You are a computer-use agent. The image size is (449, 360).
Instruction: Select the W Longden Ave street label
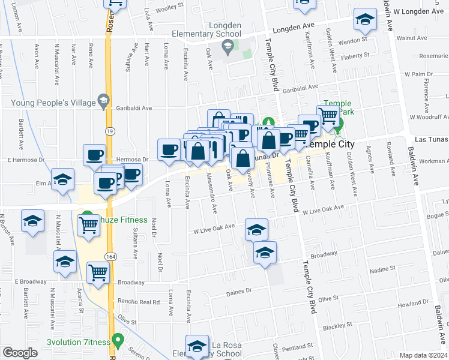420,11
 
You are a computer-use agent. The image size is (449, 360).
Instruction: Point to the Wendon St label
353,41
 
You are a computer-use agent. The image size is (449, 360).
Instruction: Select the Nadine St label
384,271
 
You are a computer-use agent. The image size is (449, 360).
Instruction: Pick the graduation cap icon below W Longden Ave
365,20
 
